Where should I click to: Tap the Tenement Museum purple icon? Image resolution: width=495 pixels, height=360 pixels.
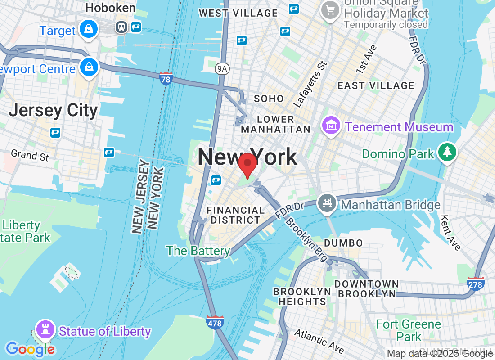(x=331, y=126)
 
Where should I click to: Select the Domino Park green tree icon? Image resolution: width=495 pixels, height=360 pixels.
(x=447, y=153)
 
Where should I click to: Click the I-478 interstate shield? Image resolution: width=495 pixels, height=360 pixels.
(x=216, y=322)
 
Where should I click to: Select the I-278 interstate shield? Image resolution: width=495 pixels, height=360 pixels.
(x=476, y=284)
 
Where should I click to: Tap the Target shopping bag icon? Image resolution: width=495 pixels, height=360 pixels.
(x=89, y=29)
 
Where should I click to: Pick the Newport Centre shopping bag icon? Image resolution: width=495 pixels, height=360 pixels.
(x=89, y=67)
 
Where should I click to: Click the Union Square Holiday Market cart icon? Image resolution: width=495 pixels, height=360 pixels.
(x=331, y=10)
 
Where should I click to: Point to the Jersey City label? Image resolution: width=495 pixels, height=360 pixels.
(x=53, y=110)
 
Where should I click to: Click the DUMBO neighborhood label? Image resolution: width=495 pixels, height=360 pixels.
(x=343, y=243)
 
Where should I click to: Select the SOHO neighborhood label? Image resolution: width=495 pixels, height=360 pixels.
(x=269, y=99)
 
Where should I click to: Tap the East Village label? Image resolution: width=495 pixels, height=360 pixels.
(x=376, y=85)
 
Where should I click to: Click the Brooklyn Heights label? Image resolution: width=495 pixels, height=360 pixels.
(x=302, y=297)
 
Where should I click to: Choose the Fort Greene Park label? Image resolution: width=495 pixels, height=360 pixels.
(x=409, y=330)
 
